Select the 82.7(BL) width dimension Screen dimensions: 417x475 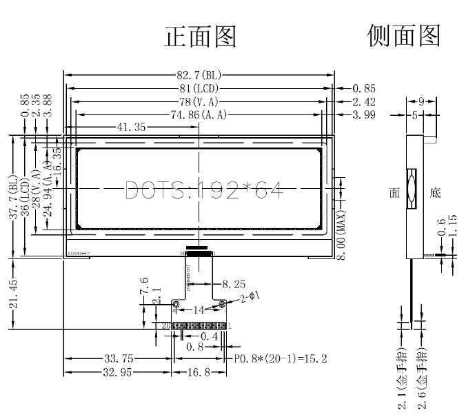point(199,74)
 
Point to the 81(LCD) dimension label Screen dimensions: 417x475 point(199,88)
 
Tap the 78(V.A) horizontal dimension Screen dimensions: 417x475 point(199,101)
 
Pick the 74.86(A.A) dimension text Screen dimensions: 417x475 point(199,114)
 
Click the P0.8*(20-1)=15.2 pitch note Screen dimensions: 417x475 point(281,359)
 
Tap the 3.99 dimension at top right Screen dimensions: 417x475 point(363,114)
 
